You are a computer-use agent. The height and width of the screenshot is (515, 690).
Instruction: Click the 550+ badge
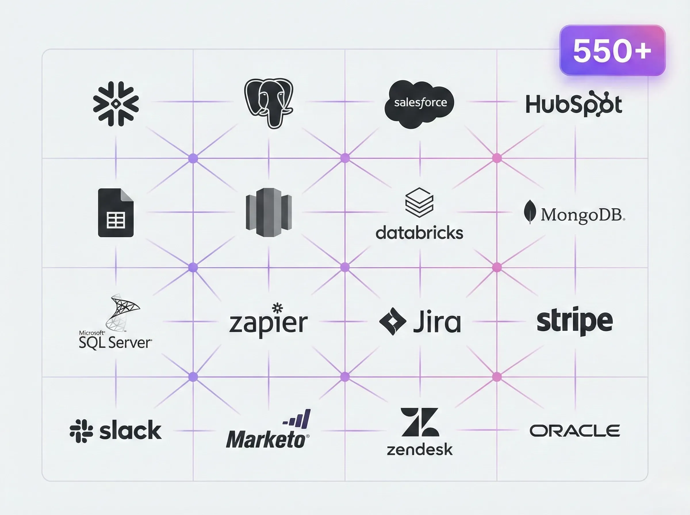pyautogui.click(x=612, y=50)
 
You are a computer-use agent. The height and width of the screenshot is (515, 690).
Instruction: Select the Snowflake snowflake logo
pyautogui.click(x=116, y=104)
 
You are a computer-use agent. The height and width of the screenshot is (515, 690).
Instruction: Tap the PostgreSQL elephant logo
pyautogui.click(x=269, y=103)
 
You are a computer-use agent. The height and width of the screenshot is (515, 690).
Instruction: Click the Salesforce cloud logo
pyautogui.click(x=419, y=104)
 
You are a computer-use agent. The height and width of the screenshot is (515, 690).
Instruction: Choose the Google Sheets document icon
pyautogui.click(x=116, y=213)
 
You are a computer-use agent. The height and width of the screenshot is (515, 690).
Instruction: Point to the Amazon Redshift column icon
pyautogui.click(x=269, y=212)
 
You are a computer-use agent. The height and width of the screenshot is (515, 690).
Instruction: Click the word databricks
pyautogui.click(x=419, y=233)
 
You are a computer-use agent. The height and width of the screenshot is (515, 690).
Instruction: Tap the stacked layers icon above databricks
pyautogui.click(x=419, y=202)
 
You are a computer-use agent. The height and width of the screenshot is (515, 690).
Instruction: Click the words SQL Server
pyautogui.click(x=115, y=343)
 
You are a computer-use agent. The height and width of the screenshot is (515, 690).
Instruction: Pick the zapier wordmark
pyautogui.click(x=269, y=321)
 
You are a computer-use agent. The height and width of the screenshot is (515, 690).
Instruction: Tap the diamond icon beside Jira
pyautogui.click(x=392, y=321)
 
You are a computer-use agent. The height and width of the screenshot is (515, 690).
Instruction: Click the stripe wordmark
pyautogui.click(x=575, y=321)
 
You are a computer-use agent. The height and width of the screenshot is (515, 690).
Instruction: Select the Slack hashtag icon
pyautogui.click(x=81, y=431)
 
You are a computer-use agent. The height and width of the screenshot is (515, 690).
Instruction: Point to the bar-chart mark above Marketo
pyautogui.click(x=296, y=419)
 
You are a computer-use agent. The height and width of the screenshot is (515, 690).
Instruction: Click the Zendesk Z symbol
pyautogui.click(x=420, y=422)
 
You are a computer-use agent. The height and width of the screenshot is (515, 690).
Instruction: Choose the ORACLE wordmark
pyautogui.click(x=575, y=431)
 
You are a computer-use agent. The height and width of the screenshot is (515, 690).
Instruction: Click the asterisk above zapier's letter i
pyautogui.click(x=277, y=308)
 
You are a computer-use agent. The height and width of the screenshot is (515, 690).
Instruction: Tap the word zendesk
pyautogui.click(x=420, y=449)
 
